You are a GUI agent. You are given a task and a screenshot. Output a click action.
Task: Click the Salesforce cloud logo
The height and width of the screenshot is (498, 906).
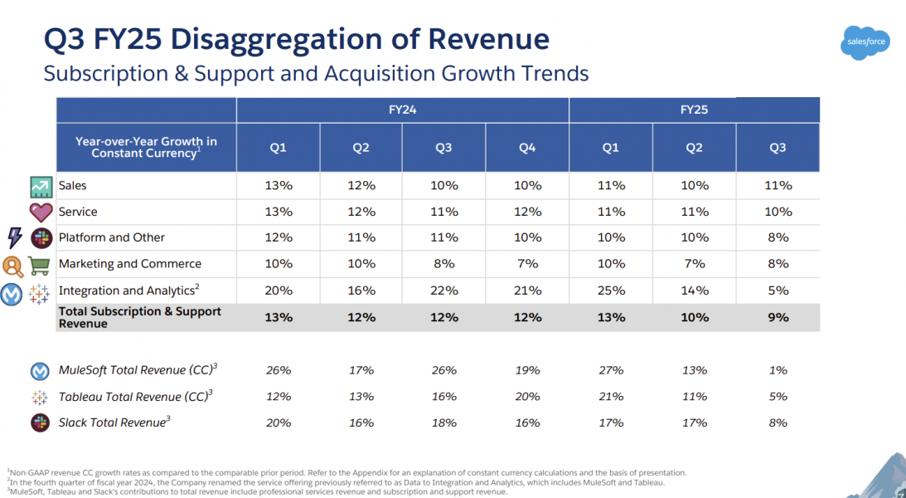(x=866, y=42)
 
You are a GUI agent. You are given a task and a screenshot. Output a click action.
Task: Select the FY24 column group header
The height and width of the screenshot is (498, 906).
(x=402, y=110)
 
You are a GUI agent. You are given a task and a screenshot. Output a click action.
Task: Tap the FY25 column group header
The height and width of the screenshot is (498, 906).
(x=694, y=110)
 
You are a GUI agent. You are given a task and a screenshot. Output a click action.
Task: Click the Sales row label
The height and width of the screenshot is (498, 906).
(x=72, y=185)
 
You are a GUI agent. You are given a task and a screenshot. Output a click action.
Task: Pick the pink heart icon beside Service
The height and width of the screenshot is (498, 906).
(x=41, y=212)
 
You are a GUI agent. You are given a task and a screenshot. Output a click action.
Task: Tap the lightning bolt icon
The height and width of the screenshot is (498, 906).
(x=14, y=238)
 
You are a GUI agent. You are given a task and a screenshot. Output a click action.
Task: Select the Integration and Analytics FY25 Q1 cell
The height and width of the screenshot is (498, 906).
(x=610, y=290)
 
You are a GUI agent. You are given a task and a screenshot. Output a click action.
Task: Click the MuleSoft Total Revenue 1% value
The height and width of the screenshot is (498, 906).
(x=777, y=370)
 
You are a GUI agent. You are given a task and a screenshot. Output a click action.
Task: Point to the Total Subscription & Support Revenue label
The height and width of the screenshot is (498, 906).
(x=139, y=317)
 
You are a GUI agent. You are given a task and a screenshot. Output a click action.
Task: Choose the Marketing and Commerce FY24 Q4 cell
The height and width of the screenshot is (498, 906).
(x=527, y=264)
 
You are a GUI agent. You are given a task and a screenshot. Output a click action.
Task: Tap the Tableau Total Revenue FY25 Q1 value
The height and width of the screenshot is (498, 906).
(x=610, y=397)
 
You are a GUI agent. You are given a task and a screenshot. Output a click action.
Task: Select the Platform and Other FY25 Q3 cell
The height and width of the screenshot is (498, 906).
(x=777, y=237)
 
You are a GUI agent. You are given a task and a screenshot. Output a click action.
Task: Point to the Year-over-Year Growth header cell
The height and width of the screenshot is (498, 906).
(x=146, y=147)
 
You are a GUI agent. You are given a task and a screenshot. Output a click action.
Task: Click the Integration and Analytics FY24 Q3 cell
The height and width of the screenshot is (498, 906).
(x=443, y=290)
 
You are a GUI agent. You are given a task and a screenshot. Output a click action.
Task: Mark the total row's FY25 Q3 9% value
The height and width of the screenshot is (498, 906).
(x=777, y=317)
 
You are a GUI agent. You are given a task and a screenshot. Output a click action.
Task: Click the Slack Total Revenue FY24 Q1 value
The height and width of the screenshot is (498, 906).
(x=278, y=422)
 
